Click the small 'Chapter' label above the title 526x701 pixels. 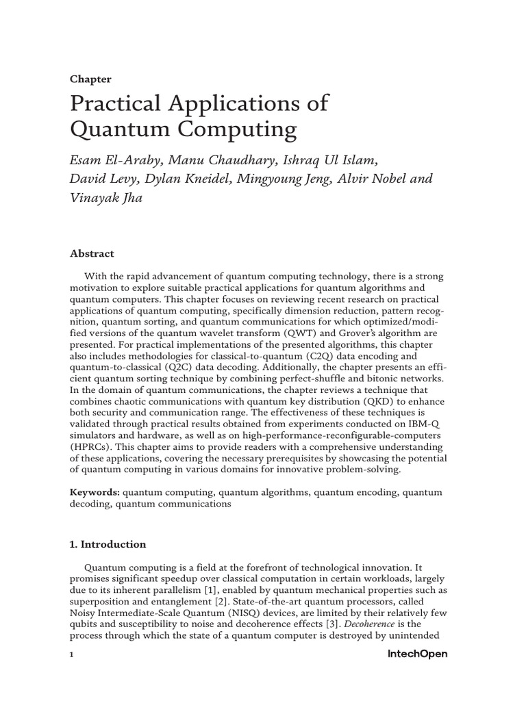point(90,79)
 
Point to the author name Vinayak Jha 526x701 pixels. point(106,199)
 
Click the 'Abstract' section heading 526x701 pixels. point(92,253)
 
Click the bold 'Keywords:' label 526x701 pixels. point(95,492)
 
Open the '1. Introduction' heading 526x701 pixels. point(108,544)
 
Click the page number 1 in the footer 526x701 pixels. point(72,654)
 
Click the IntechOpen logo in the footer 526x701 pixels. point(417,654)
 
